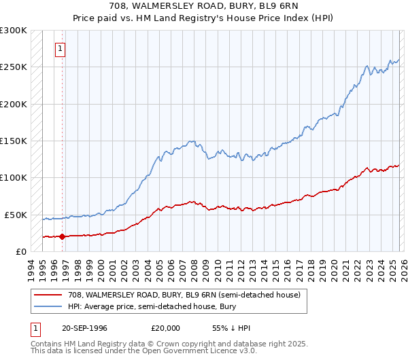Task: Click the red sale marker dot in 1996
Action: pos(62,236)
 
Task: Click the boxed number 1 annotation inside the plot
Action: pos(61,49)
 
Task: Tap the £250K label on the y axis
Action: pos(14,67)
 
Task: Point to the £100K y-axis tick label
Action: pos(14,177)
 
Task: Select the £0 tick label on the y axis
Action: pos(21,251)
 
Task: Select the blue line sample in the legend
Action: pos(49,306)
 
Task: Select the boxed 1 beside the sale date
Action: pos(35,329)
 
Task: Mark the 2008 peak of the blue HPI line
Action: pos(193,141)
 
